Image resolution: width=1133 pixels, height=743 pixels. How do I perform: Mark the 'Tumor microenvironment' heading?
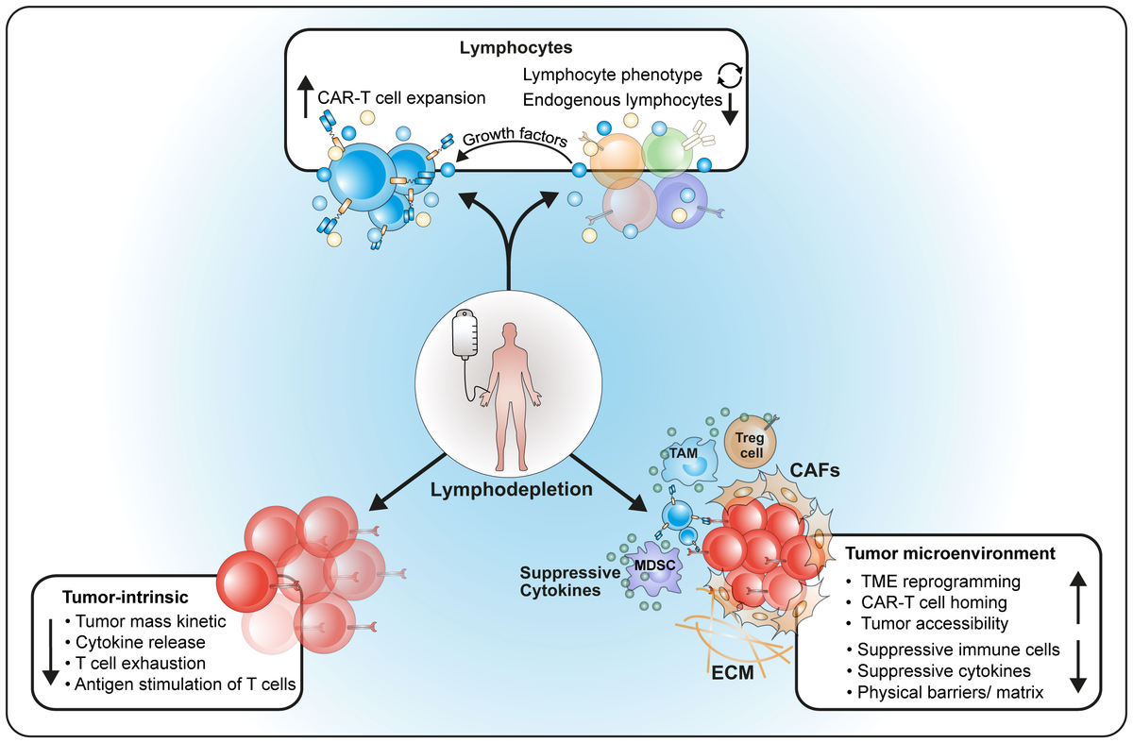[x=950, y=552]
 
